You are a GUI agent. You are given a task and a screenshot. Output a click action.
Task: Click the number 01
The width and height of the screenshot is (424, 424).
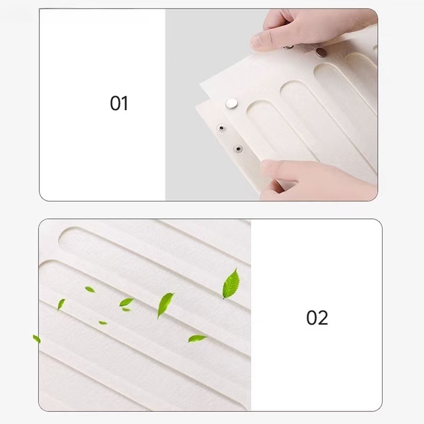click(x=119, y=103)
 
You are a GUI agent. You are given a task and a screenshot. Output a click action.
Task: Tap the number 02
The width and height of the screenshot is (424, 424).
click(x=317, y=317)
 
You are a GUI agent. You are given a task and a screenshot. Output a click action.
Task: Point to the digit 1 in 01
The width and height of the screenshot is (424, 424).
click(x=125, y=103)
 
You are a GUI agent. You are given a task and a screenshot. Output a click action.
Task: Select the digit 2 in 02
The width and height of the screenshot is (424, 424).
click(x=323, y=317)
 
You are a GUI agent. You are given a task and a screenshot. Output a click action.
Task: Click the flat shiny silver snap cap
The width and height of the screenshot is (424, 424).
click(x=232, y=103)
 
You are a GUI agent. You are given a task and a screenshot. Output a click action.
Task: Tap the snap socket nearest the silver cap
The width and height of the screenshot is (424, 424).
click(x=222, y=128)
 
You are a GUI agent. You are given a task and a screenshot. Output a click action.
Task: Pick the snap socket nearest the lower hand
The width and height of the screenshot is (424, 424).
click(x=238, y=149)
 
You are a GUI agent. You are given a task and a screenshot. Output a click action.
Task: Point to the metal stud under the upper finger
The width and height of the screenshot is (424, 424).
click(x=289, y=47)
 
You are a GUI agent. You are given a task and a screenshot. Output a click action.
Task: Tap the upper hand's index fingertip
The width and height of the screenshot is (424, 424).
click(x=256, y=42)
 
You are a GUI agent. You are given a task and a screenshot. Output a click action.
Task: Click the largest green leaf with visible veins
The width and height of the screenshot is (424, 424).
click(x=231, y=284)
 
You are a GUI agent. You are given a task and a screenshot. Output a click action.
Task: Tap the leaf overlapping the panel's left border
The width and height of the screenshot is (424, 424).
click(x=37, y=339)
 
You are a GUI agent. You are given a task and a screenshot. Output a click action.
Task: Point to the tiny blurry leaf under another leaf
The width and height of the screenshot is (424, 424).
click(x=126, y=310)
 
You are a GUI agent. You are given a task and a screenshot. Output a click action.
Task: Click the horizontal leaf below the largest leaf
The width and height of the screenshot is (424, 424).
click(x=197, y=338)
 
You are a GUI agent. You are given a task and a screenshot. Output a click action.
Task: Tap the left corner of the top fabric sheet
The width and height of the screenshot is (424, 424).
click(x=200, y=84)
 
